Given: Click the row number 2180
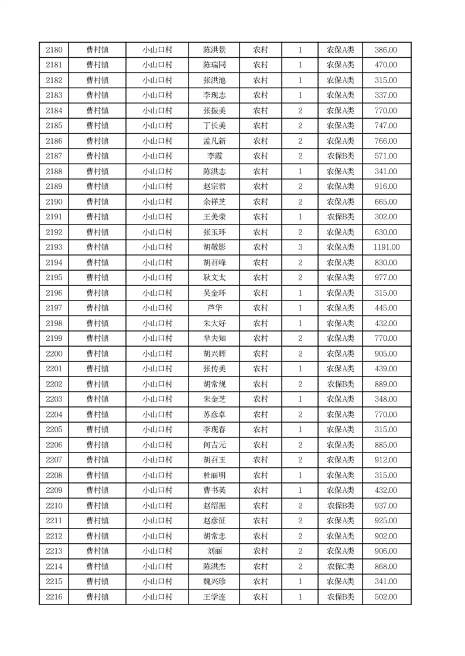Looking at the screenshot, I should click(53, 50).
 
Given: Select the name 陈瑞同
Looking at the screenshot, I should click(214, 65).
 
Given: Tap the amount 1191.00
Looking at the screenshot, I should click(386, 247).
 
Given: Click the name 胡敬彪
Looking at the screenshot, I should click(214, 247).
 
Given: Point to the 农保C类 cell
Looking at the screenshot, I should click(340, 567).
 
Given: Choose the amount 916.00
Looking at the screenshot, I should click(386, 187).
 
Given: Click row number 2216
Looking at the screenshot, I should click(53, 597).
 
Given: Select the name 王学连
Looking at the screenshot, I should click(214, 597).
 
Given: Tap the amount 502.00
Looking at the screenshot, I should click(386, 597).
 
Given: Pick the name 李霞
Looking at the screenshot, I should click(214, 156).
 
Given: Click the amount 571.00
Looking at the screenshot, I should click(386, 156).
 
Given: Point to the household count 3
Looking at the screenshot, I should click(300, 247).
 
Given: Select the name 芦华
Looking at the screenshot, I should click(214, 308).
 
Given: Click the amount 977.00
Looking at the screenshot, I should click(386, 278).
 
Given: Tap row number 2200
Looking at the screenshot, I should click(53, 354).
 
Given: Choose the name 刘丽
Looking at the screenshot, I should click(214, 551).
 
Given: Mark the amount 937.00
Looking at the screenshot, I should click(386, 506).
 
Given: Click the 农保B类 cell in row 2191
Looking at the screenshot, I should click(340, 217).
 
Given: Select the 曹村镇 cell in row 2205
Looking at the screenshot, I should click(97, 430).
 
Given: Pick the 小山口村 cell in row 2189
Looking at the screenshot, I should click(157, 187).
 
